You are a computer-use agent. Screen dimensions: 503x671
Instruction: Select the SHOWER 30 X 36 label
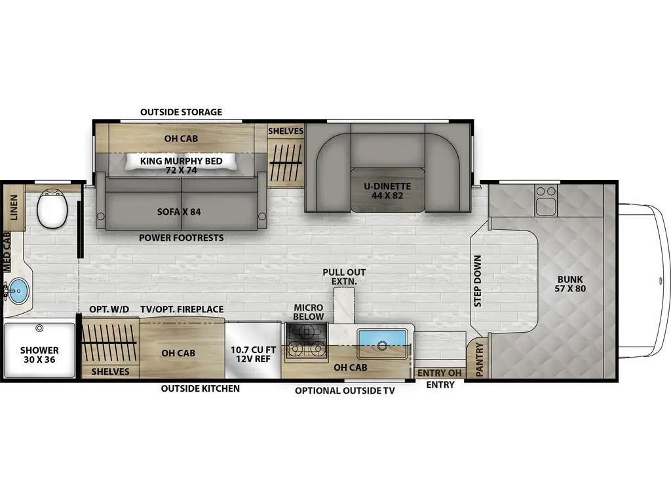coord(39,356)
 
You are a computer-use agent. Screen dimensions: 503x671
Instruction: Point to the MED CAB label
coord(7,252)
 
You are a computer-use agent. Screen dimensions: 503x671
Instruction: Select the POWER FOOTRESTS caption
coord(181,238)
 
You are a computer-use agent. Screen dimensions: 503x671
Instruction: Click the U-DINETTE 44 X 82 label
coord(387,190)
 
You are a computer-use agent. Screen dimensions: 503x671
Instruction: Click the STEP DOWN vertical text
coord(478,281)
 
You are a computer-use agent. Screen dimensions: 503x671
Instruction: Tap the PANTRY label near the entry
coord(479,360)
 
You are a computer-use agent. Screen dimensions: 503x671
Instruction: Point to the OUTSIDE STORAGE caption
coord(181,112)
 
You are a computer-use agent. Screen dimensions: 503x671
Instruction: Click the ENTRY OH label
coord(440,373)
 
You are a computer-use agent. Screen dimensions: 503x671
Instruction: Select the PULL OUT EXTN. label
coord(344,276)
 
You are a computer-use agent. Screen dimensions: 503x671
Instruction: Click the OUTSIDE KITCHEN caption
coord(201,388)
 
